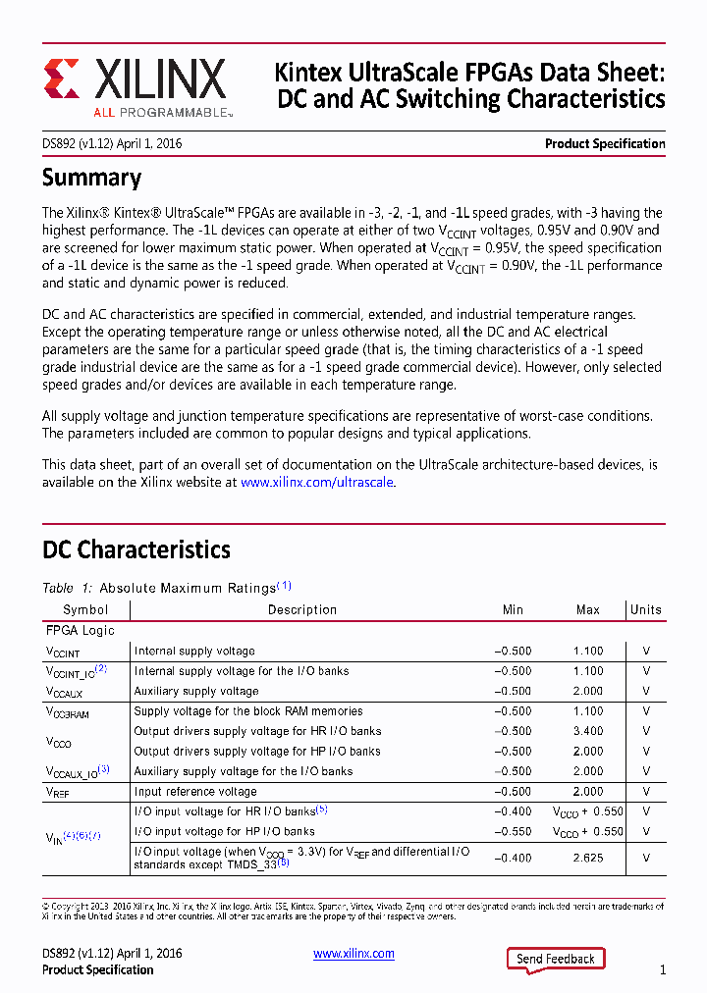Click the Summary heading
[x=91, y=178]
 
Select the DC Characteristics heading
[x=136, y=549]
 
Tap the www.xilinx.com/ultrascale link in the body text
[x=317, y=483]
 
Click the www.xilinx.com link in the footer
[x=353, y=954]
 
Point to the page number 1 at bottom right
[x=663, y=970]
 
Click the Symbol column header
[x=85, y=609]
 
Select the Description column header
[x=302, y=609]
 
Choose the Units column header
[x=646, y=609]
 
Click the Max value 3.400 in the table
[x=588, y=731]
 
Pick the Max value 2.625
[x=588, y=858]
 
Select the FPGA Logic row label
[x=81, y=631]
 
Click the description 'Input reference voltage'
[x=195, y=792]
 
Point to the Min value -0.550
[x=513, y=831]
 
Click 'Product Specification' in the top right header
[x=605, y=144]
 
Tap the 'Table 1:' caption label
[x=67, y=588]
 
